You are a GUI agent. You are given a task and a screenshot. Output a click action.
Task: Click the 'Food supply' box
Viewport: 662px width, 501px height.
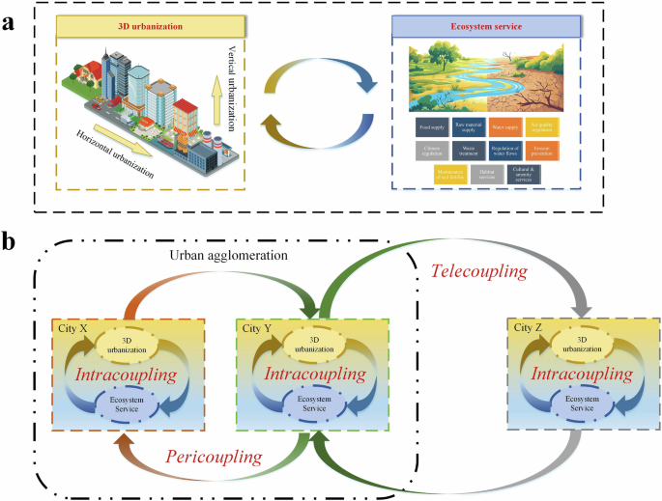coord(431,126)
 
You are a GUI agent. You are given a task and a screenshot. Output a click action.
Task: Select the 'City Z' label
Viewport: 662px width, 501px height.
coord(527,328)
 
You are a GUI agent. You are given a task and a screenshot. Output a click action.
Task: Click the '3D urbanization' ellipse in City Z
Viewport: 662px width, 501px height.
coord(580,342)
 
